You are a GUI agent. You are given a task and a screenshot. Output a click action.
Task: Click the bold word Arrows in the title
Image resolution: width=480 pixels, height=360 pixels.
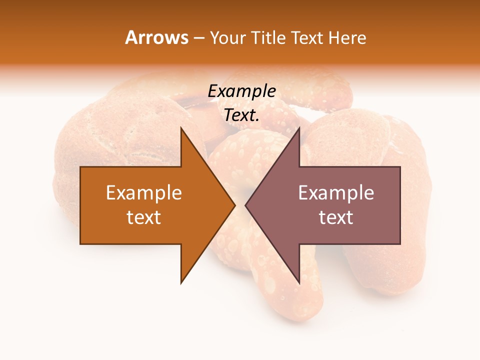click(157, 37)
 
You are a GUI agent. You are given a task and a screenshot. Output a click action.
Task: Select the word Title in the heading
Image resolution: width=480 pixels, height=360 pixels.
click(269, 38)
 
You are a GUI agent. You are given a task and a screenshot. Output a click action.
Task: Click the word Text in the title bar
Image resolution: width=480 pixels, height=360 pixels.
click(308, 38)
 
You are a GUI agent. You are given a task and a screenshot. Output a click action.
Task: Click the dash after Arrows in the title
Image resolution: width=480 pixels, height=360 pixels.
click(198, 38)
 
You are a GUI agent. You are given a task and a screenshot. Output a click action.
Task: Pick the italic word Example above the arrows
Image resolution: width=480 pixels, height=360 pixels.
click(241, 91)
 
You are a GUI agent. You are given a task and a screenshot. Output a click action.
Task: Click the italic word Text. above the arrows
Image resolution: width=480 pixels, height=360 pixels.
click(241, 115)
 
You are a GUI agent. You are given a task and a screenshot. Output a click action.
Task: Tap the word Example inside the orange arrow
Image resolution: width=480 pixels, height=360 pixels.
click(144, 193)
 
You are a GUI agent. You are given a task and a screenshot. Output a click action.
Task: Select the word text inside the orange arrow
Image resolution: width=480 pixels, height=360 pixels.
click(144, 217)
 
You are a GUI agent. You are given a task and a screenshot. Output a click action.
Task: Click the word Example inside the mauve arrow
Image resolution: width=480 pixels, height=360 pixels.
click(336, 193)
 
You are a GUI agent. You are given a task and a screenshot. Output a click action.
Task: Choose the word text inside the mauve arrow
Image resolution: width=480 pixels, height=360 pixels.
click(336, 217)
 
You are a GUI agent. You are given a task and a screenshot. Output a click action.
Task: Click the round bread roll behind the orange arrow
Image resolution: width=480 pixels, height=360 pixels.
click(115, 130)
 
